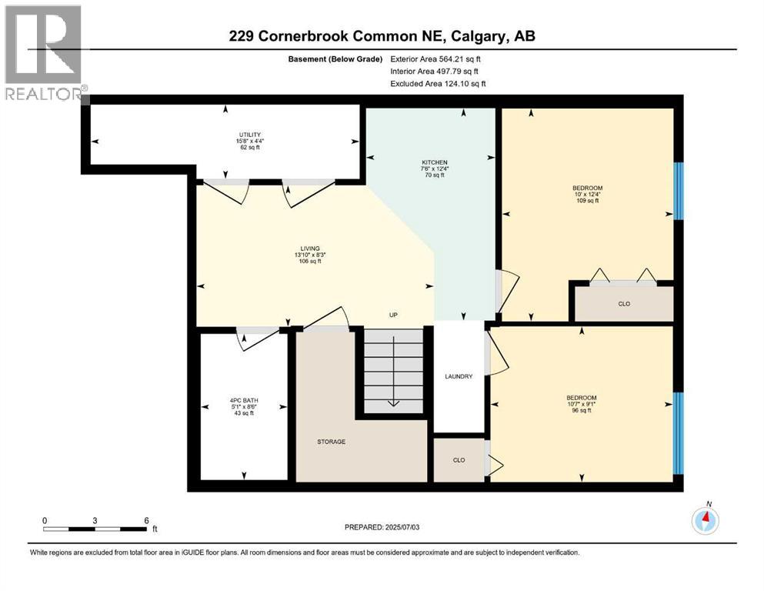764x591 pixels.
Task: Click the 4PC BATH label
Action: pos(243,399)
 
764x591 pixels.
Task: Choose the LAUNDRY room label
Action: pos(459,376)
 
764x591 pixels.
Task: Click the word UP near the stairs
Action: pos(392,316)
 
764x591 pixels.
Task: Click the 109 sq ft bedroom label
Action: pos(587,189)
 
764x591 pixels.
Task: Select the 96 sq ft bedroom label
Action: pos(582,398)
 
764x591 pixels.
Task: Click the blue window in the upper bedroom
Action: pos(678,191)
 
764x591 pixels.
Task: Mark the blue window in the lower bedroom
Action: pos(678,433)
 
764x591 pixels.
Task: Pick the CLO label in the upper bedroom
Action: pos(624,304)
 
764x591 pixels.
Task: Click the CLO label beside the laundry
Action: pos(459,460)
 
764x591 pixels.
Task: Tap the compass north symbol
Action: pos(705,520)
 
